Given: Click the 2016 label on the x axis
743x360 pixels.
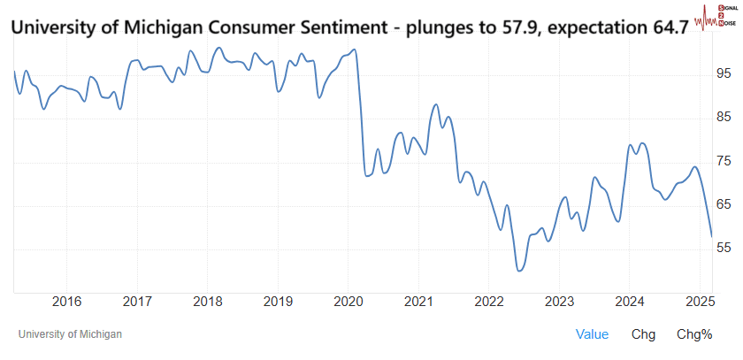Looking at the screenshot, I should pos(67,302).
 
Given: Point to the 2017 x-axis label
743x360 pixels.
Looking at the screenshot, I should pos(137,302).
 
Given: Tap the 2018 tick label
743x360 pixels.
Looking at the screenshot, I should pos(207,302).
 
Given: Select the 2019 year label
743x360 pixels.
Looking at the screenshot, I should pos(278,302).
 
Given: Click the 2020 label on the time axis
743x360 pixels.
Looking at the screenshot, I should pos(348,302).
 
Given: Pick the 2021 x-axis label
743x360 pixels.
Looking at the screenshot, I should pos(418,302).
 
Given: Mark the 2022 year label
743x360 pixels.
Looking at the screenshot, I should pos(488,302).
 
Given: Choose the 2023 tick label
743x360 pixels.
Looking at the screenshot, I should pos(559,302).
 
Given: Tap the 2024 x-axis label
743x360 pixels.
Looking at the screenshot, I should pos(629,302).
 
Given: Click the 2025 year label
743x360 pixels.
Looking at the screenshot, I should pos(699,302).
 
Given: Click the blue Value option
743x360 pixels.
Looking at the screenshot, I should pos(592,334).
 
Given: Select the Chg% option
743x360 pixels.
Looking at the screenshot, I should pos(694,334).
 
